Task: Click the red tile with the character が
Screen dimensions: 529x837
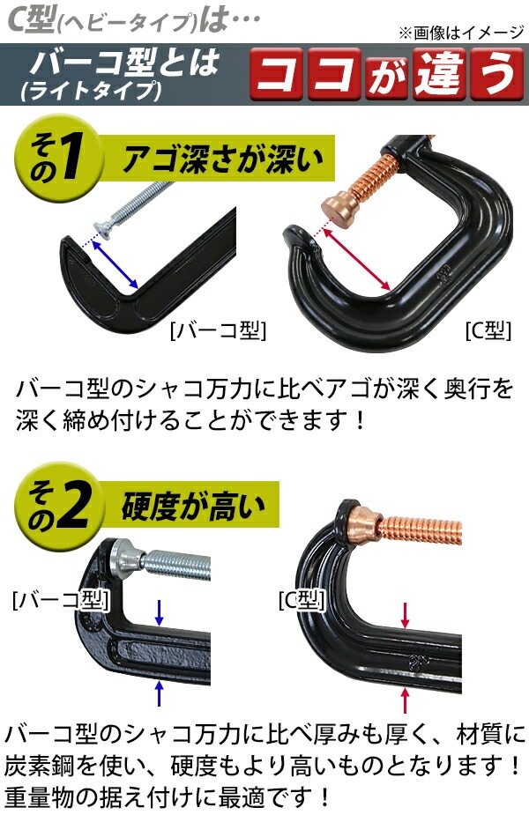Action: point(386,74)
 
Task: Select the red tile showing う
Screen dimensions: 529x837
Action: point(496,74)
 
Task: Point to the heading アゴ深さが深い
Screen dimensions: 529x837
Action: point(223,159)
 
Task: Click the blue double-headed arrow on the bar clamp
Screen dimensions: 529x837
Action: point(115,264)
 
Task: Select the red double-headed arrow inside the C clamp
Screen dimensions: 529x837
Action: point(355,259)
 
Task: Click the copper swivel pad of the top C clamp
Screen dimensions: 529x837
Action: point(338,209)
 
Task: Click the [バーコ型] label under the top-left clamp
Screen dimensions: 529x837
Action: point(218,330)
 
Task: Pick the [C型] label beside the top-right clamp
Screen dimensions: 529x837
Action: point(488,330)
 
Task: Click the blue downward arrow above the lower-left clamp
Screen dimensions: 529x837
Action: point(159,611)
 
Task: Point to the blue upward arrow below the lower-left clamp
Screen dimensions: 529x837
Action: point(159,693)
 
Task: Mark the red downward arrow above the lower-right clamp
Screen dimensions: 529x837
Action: point(405,616)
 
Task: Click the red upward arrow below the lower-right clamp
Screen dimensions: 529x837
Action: point(405,700)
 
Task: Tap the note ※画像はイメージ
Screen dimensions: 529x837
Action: point(460,33)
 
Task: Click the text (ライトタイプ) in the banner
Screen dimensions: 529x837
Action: point(91,91)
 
